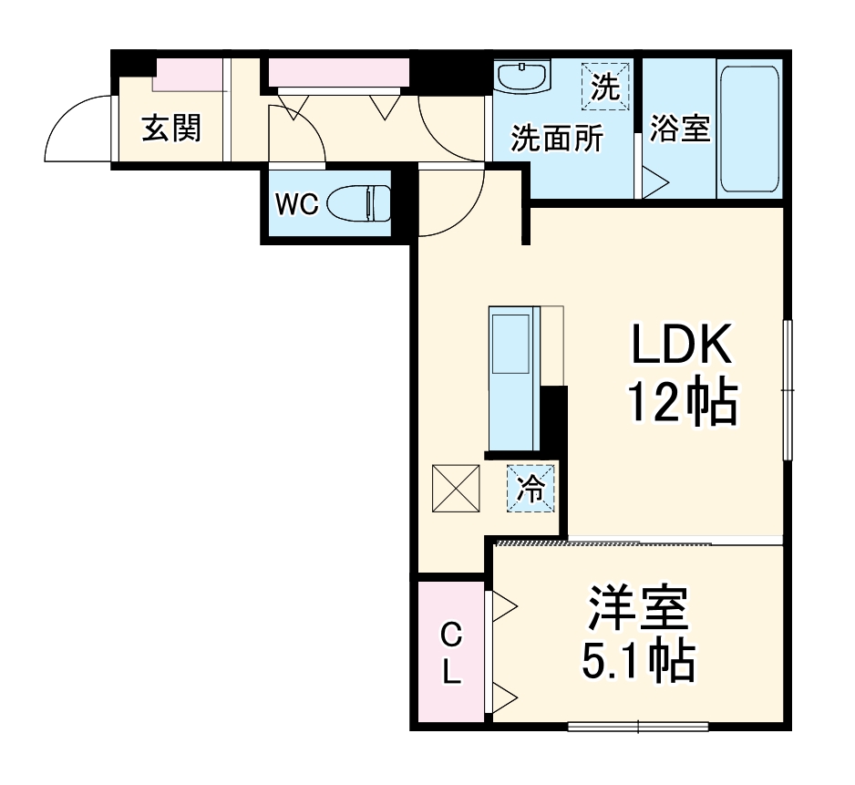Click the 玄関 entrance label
coord(170,129)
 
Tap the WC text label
coord(297,205)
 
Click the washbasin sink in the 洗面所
coord(522,77)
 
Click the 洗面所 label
coord(556,139)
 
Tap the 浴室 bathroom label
coord(680,129)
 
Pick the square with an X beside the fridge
coord(456,489)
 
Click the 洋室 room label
coord(637,610)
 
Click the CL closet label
coord(451,654)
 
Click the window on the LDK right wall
coord(788,390)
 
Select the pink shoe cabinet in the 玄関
coord(189,74)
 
